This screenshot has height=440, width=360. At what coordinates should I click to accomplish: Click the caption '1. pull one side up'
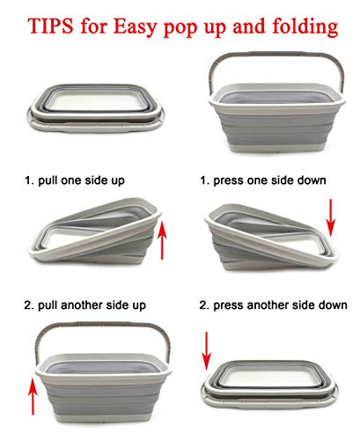pyautogui.click(x=74, y=181)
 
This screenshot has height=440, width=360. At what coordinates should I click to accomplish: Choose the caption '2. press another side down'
pyautogui.click(x=273, y=305)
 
